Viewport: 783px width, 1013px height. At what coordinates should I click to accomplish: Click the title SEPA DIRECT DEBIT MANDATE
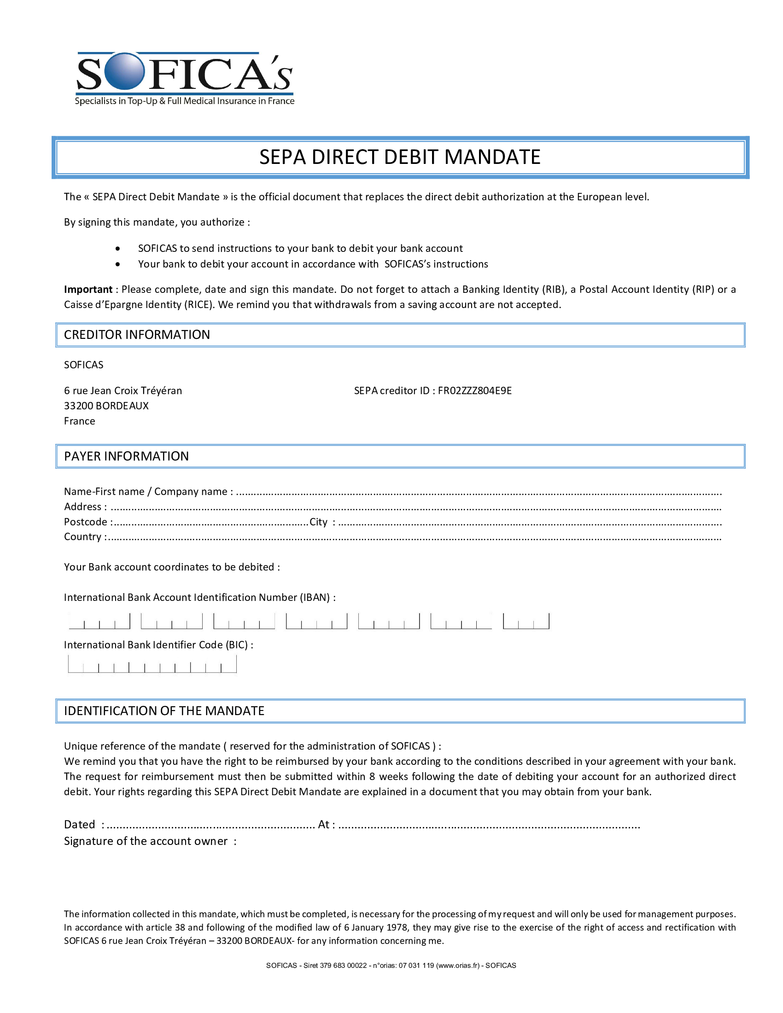(400, 157)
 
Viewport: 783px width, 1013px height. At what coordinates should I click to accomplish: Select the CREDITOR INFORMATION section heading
(137, 335)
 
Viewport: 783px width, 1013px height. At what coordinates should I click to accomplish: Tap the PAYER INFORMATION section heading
(126, 456)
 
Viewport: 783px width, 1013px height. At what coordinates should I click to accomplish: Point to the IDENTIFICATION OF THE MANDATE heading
(164, 711)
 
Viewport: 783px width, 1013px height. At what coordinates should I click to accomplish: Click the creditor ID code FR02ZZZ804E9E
(474, 390)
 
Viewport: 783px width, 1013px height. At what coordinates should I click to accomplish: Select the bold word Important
(88, 290)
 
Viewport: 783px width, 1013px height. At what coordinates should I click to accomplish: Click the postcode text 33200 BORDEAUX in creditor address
(106, 406)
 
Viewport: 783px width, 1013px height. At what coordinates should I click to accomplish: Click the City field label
(319, 522)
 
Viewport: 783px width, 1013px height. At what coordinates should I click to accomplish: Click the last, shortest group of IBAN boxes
(526, 622)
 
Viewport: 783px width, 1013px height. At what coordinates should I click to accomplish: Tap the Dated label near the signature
(79, 824)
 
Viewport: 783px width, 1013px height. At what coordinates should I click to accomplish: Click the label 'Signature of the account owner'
(146, 841)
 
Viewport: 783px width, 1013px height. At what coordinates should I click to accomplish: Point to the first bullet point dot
(118, 249)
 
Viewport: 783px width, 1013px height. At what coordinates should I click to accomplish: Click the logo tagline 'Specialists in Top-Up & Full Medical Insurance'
(185, 101)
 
